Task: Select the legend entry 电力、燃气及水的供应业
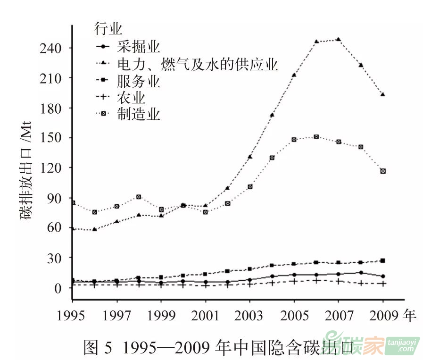[197, 64]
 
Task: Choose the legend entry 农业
[132, 98]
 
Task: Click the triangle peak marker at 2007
[338, 40]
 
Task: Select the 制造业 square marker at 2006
[316, 137]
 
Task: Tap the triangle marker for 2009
[383, 94]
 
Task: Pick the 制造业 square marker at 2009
[383, 171]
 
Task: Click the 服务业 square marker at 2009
[383, 260]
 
